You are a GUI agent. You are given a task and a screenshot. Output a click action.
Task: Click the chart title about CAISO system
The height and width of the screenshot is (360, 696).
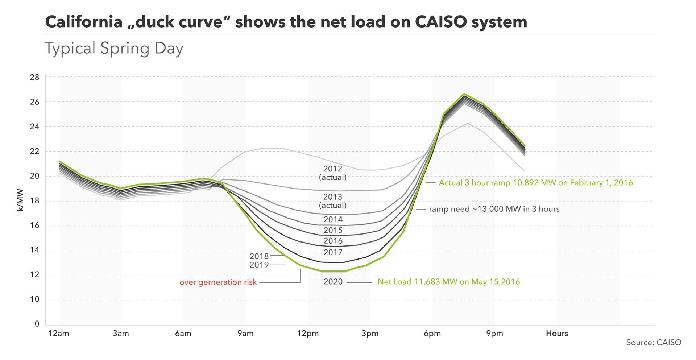286,22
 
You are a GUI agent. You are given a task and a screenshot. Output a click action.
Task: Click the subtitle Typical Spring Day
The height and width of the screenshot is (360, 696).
114,49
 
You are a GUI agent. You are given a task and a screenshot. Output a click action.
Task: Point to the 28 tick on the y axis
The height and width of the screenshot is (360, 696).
35,77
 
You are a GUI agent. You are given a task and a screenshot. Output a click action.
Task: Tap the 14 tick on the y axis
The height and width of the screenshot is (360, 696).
35,250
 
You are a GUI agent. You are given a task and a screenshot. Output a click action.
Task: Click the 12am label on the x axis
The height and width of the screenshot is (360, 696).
59,334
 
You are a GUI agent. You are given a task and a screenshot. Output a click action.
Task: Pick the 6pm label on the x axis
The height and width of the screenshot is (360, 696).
432,334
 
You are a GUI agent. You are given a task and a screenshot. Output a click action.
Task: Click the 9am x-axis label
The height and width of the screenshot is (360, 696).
245,334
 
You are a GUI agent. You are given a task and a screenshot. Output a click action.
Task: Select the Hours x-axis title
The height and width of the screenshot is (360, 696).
557,334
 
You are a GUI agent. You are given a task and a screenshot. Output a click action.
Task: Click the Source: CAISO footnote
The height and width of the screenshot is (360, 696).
654,343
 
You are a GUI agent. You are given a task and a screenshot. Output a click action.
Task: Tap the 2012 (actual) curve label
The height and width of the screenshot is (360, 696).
333,173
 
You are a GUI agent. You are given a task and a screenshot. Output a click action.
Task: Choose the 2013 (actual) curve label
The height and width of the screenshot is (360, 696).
333,201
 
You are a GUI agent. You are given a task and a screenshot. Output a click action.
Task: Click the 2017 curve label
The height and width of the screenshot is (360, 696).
333,252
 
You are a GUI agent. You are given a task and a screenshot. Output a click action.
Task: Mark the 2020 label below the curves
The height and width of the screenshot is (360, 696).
333,282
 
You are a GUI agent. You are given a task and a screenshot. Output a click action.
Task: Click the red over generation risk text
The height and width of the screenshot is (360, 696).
218,282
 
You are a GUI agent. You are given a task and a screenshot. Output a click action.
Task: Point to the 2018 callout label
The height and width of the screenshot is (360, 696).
259,256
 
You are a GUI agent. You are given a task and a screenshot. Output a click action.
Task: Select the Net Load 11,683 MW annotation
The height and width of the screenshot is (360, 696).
448,282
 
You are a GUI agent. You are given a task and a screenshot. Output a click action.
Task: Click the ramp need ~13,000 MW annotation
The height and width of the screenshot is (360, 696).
494,209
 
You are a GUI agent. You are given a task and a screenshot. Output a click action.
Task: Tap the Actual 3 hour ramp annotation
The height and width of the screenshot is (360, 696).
535,183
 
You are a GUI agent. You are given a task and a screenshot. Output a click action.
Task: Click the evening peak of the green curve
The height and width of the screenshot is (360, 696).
464,94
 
